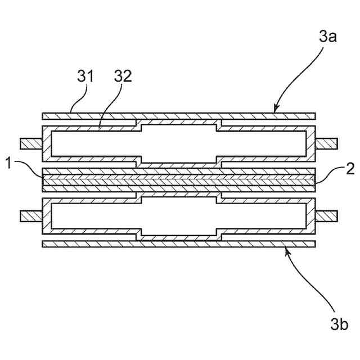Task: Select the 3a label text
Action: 327,38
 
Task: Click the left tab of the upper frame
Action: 31,144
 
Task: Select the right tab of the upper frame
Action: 326,144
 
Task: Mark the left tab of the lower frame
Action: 31,215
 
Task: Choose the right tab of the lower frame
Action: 326,215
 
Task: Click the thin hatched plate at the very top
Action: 178,116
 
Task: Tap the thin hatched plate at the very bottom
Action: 178,244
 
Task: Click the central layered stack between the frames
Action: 178,179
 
